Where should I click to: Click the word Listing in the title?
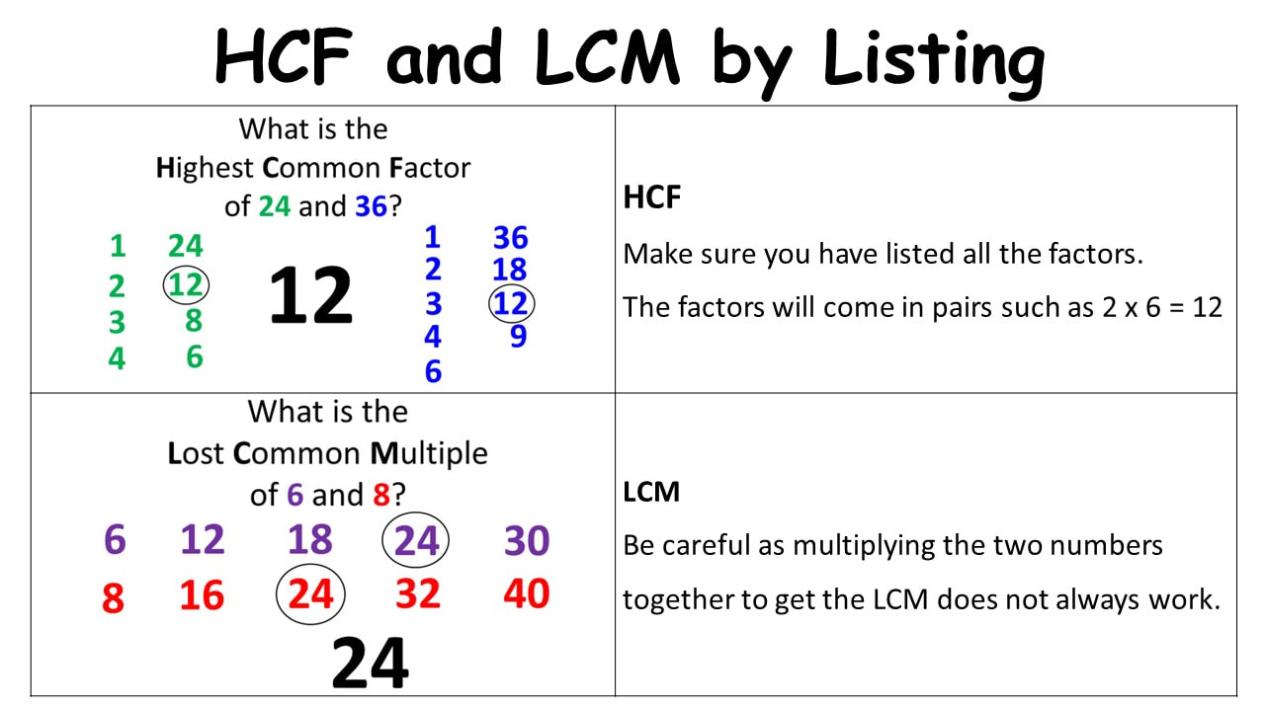pyautogui.click(x=934, y=62)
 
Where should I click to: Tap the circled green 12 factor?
pyautogui.click(x=186, y=285)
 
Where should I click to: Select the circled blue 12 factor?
pyautogui.click(x=511, y=303)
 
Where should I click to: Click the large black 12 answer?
pyautogui.click(x=311, y=295)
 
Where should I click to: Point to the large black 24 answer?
pyautogui.click(x=370, y=663)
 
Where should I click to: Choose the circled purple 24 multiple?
pyautogui.click(x=416, y=540)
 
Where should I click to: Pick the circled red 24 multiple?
pyautogui.click(x=310, y=594)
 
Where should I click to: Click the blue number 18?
pyautogui.click(x=509, y=270)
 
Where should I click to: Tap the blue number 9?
pyautogui.click(x=519, y=336)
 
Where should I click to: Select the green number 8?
pyautogui.click(x=194, y=321)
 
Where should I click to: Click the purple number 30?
pyautogui.click(x=527, y=540)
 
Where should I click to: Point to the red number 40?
pyautogui.click(x=527, y=593)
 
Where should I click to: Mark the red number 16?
pyautogui.click(x=202, y=595)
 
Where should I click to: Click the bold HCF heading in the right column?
pyautogui.click(x=651, y=197)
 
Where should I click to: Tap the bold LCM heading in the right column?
pyautogui.click(x=651, y=492)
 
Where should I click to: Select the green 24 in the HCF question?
pyautogui.click(x=275, y=206)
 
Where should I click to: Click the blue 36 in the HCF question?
pyautogui.click(x=371, y=206)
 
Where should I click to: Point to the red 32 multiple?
pyautogui.click(x=418, y=593)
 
